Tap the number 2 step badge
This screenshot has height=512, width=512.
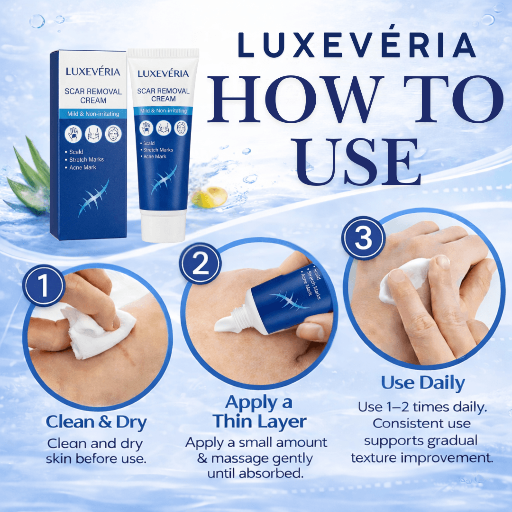click(200, 264)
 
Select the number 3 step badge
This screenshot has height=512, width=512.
click(364, 238)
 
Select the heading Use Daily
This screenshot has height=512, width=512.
click(423, 383)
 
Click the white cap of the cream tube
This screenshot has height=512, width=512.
click(163, 227)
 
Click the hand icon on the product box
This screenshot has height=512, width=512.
click(73, 134)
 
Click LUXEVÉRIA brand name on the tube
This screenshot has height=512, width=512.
click(163, 73)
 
